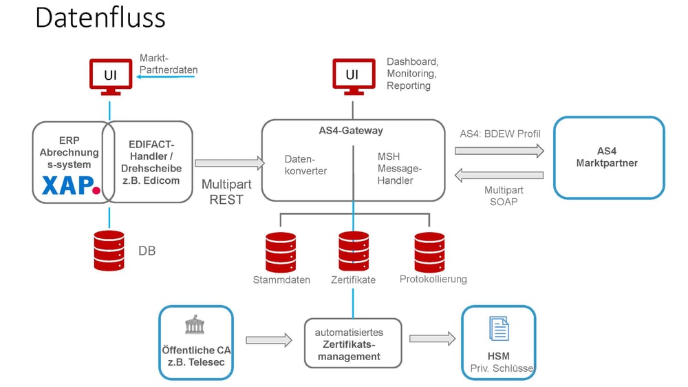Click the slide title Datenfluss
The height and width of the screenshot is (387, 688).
click(x=100, y=17)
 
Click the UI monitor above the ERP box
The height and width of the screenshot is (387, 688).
click(x=109, y=76)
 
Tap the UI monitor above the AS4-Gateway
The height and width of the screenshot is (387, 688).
click(x=353, y=76)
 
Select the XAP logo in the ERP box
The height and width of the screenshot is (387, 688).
click(x=72, y=185)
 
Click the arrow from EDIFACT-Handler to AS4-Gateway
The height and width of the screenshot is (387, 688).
click(x=229, y=163)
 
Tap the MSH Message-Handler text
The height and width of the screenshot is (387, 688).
click(x=400, y=168)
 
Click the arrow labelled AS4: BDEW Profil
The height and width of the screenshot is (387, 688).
click(x=499, y=151)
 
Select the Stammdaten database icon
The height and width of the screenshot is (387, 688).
click(x=281, y=252)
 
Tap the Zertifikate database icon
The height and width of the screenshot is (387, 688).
click(x=354, y=252)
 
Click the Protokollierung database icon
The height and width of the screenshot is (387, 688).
click(x=430, y=252)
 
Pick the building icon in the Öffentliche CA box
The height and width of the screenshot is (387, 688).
click(x=195, y=326)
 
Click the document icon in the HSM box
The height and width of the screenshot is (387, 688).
click(x=499, y=328)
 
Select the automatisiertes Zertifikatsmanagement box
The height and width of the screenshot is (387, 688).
click(x=353, y=343)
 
